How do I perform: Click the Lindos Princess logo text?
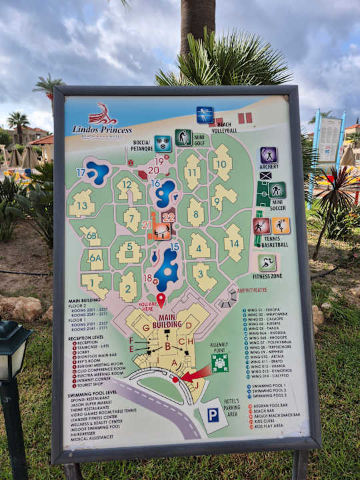(x=102, y=129)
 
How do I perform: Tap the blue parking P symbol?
(x=213, y=415)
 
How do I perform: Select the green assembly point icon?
(x=219, y=363)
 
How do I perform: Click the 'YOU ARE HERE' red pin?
(x=161, y=300)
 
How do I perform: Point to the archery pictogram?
(x=269, y=155)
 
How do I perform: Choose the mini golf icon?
(x=183, y=138)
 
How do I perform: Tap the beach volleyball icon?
(x=205, y=115)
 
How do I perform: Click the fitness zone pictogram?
(x=267, y=263)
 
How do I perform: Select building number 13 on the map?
(x=82, y=204)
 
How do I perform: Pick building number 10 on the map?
(x=222, y=162)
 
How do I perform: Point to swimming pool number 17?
(x=97, y=173)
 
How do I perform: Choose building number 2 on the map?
(x=128, y=287)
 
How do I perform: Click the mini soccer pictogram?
(x=277, y=190)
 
